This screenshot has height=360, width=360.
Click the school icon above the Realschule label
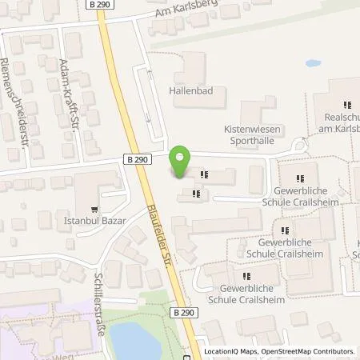tap(347, 104)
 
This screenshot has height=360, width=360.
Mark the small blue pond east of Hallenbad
tap(312, 62)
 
